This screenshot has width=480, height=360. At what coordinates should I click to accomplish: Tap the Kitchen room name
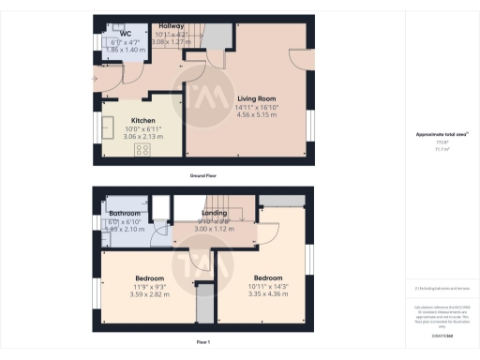click(142, 121)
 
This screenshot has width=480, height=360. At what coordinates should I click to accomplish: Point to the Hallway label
click(171, 25)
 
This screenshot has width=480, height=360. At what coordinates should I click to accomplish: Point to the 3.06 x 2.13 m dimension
click(142, 137)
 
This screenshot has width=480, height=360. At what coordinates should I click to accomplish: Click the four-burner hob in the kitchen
click(144, 149)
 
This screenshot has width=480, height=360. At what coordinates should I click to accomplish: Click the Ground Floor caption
click(202, 175)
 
